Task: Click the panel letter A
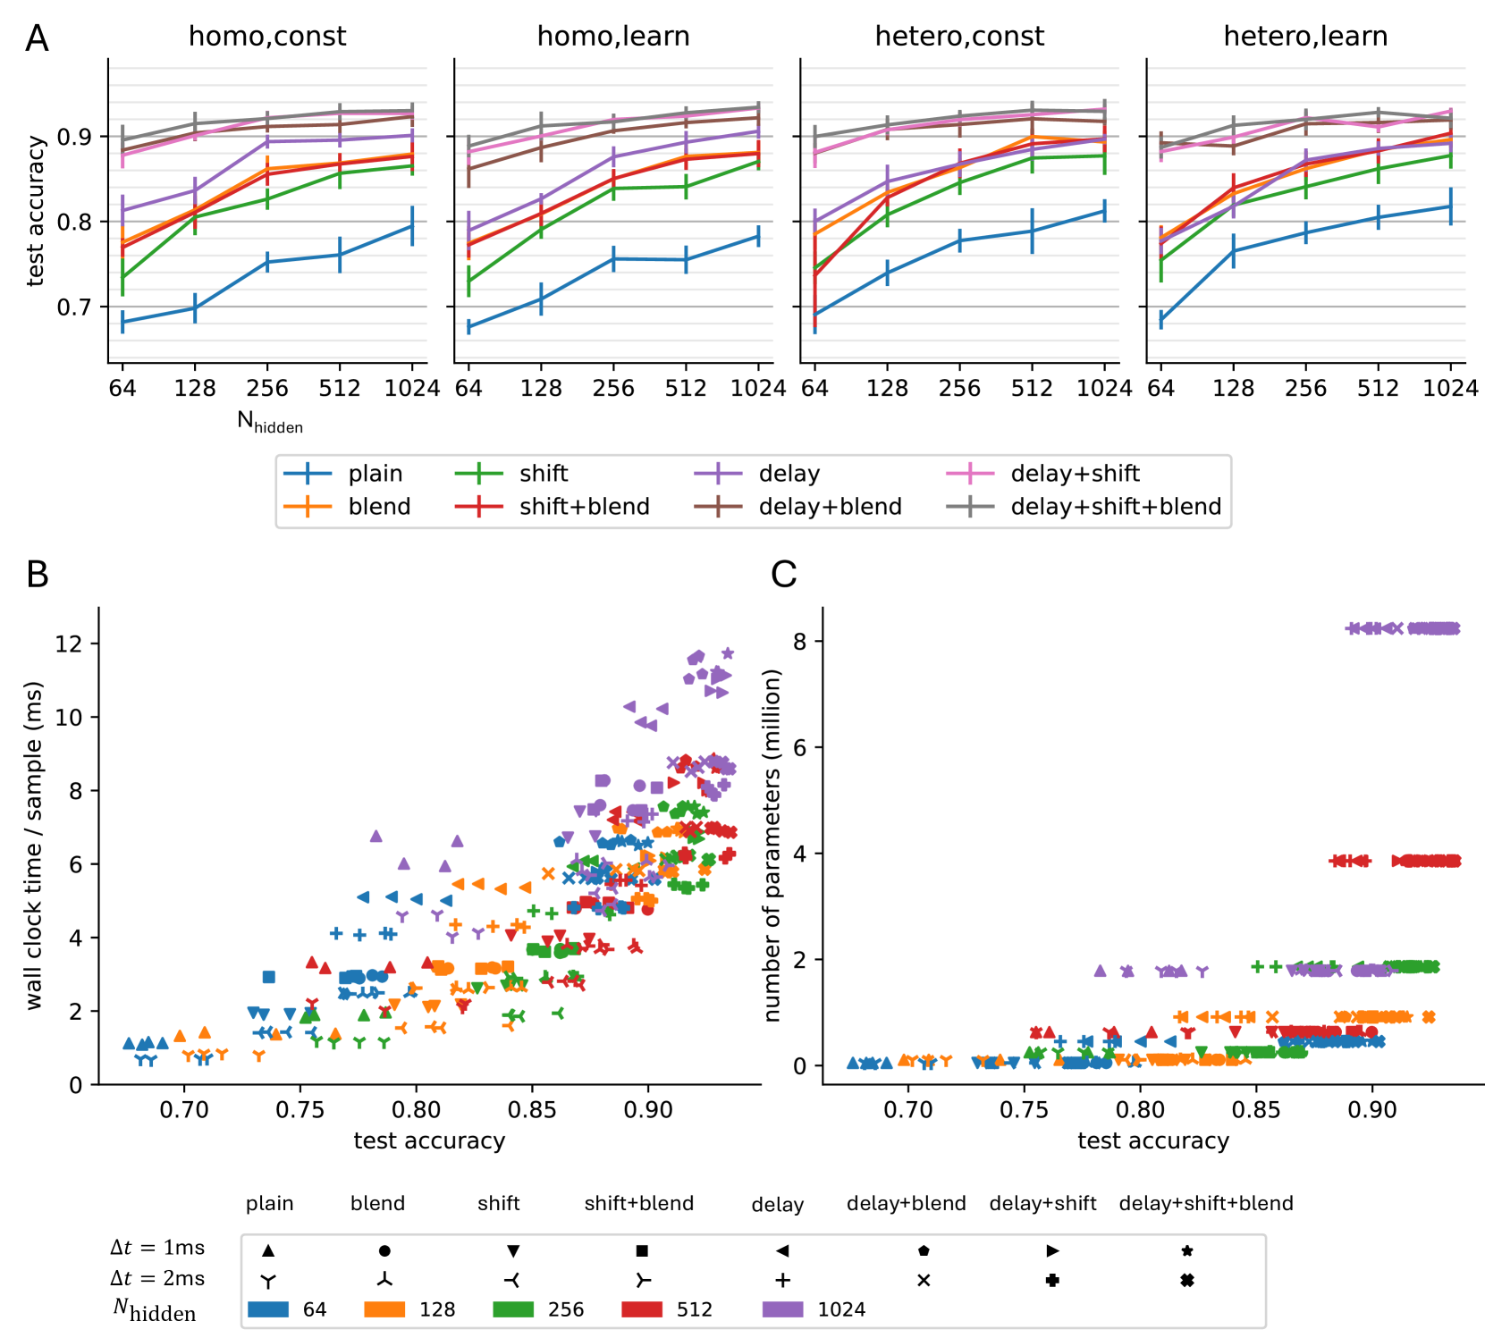pos(37,38)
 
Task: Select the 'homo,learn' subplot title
pos(613,37)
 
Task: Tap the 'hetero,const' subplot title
pos(959,37)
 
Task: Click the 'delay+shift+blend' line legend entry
pos(1115,507)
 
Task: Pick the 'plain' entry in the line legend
pos(375,474)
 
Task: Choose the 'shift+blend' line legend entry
pos(584,507)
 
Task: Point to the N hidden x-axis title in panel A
pos(270,422)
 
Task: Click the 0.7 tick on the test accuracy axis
pos(75,307)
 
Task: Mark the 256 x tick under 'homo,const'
pos(267,388)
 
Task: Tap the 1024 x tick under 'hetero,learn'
pos(1450,388)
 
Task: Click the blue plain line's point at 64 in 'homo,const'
pos(122,322)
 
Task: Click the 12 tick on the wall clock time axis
pos(69,644)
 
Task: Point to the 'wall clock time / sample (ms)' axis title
pos(34,846)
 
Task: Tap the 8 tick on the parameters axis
pos(799,642)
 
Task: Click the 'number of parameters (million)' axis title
pos(773,846)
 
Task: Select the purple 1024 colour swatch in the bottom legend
pos(782,1309)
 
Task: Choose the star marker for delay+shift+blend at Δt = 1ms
pos(1187,1251)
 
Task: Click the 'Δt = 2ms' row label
pos(157,1279)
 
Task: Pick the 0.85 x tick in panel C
pos(1256,1110)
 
